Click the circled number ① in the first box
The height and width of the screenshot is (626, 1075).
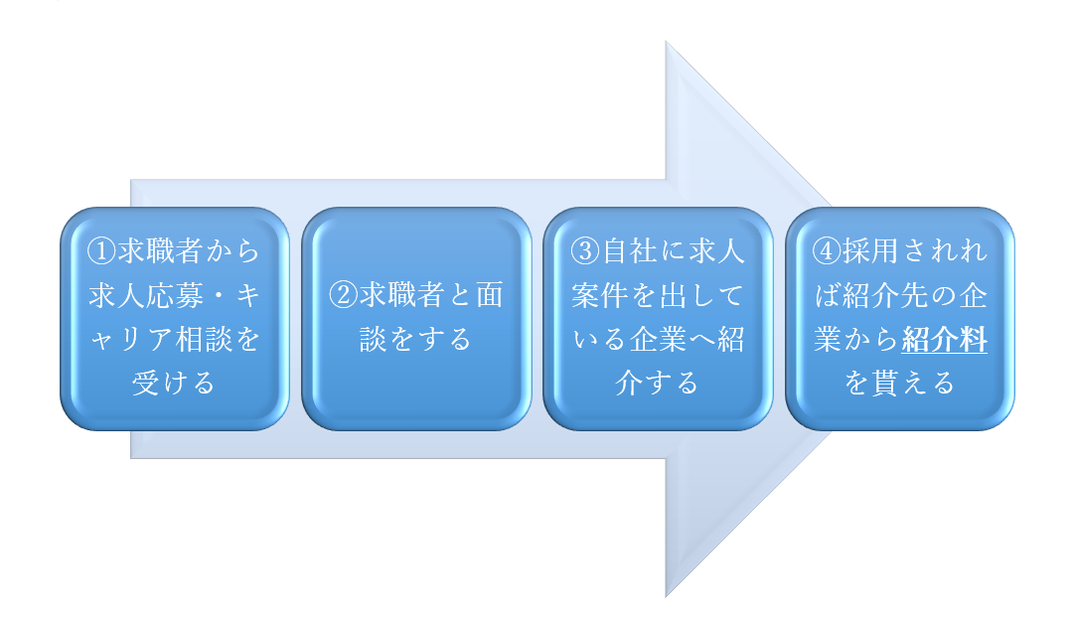101,251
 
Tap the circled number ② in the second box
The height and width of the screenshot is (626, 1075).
344,295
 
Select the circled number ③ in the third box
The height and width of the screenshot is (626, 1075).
585,251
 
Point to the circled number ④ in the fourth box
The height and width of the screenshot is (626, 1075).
827,251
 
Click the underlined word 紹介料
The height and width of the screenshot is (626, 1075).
944,339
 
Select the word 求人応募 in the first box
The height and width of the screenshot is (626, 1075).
146,295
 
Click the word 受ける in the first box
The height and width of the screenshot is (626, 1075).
174,383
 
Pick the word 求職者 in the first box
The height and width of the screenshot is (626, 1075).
160,251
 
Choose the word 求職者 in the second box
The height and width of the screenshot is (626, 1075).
401,295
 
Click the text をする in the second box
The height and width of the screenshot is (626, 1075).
430,339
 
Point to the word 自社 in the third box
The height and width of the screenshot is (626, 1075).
629,251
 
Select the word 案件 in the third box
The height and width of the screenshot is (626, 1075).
600,295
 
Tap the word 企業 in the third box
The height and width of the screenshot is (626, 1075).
658,339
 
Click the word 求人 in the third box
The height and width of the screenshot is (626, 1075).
716,251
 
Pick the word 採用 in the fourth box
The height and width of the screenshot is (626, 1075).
870,251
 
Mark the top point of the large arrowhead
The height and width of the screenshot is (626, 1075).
666,41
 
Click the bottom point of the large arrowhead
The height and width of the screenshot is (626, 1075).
666,597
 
